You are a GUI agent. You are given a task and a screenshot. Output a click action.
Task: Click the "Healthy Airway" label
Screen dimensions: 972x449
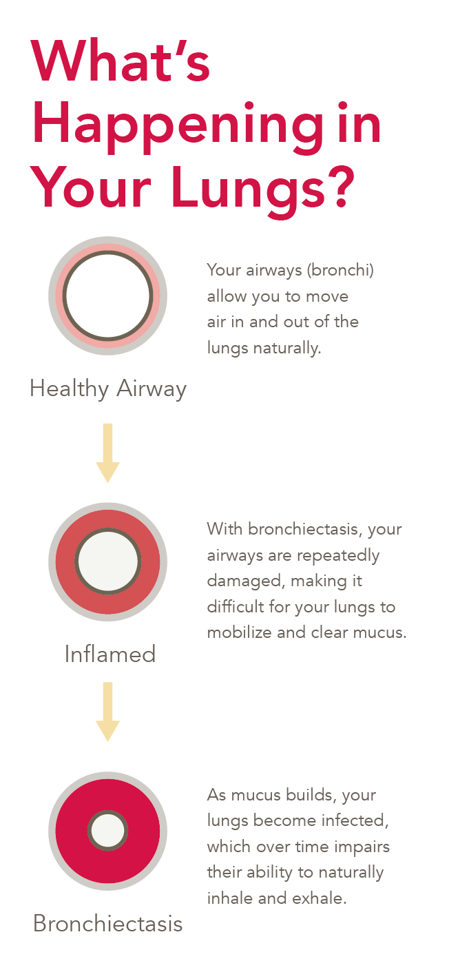[x=108, y=389]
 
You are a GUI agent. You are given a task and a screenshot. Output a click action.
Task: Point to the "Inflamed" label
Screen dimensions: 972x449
[x=110, y=653]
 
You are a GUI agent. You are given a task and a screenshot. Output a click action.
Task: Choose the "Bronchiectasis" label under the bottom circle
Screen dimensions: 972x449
[x=108, y=923]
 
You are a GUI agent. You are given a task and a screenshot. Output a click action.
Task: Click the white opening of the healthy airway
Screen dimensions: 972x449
[x=107, y=296]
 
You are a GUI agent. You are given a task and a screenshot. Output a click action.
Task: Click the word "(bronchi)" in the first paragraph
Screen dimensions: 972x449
[x=340, y=270]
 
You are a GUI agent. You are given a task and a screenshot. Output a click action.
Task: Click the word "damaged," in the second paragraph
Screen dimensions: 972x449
[x=245, y=581]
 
